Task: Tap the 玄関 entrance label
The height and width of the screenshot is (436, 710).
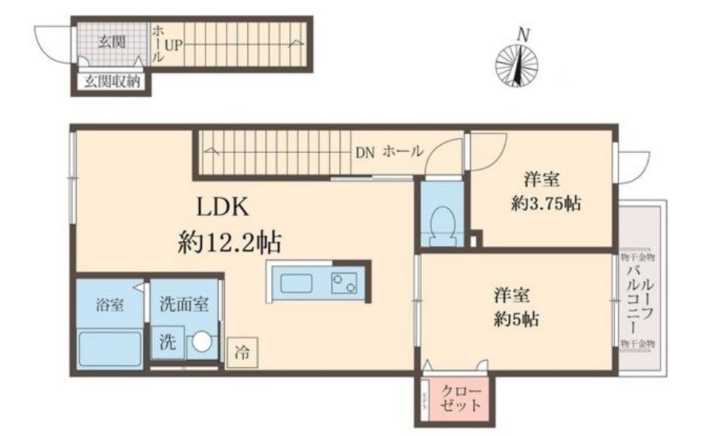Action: pyautogui.click(x=112, y=42)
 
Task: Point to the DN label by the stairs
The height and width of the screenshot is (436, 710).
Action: pyautogui.click(x=365, y=151)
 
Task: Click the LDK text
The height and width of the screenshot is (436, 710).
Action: pyautogui.click(x=223, y=207)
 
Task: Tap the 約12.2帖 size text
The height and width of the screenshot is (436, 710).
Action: pyautogui.click(x=230, y=242)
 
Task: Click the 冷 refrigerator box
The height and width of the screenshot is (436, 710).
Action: pyautogui.click(x=242, y=351)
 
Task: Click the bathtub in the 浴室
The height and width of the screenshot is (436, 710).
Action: pyautogui.click(x=110, y=349)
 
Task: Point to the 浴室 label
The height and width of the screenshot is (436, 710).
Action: pyautogui.click(x=109, y=306)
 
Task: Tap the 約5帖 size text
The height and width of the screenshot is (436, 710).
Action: pyautogui.click(x=514, y=319)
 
